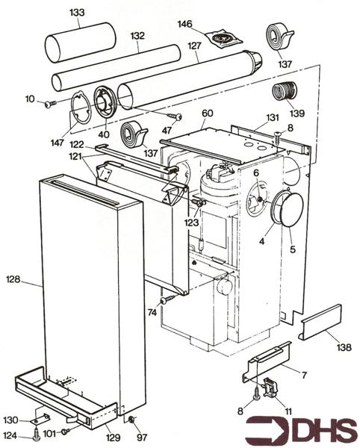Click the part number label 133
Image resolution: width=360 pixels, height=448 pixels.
[x=77, y=13]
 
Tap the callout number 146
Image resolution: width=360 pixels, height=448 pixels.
[x=185, y=24]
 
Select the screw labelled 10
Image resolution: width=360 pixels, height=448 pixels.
[x=50, y=105]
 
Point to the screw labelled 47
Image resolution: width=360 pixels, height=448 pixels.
[x=174, y=116]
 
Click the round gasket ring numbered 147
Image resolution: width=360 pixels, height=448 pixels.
[x=80, y=108]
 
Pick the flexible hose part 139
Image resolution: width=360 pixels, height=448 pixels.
[x=285, y=91]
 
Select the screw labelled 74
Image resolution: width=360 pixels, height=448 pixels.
[x=168, y=299]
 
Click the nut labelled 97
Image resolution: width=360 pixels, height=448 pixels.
[x=131, y=419]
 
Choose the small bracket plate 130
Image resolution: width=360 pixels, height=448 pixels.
[x=41, y=418]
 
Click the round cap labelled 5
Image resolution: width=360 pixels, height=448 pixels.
[x=291, y=210]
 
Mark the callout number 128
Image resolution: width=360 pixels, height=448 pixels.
[x=13, y=279]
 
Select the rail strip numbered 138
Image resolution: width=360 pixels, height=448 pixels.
[x=321, y=323]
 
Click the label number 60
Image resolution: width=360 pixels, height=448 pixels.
[x=208, y=113]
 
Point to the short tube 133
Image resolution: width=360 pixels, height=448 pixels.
[x=81, y=43]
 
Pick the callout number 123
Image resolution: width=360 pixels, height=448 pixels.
[x=191, y=223]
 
